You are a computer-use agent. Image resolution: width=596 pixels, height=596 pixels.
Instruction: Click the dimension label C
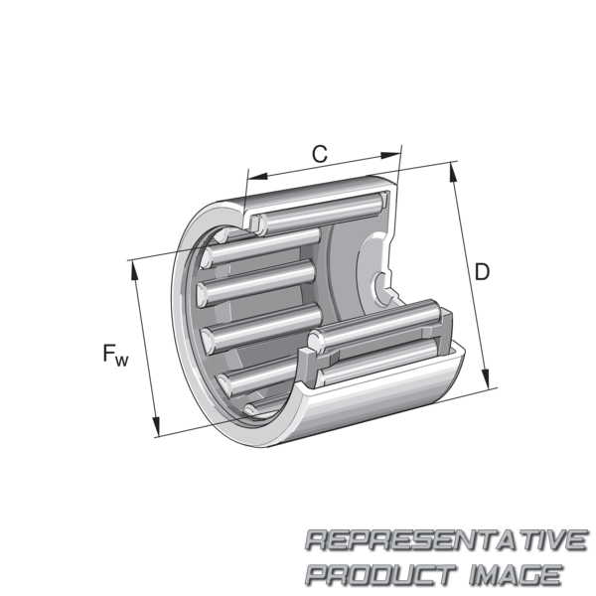coord(320,154)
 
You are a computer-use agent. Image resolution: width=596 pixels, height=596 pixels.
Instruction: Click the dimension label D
coord(482,272)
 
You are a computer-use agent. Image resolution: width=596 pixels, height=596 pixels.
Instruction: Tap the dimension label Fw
coord(115,355)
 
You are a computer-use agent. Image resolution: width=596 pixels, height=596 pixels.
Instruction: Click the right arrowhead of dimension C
coord(390,155)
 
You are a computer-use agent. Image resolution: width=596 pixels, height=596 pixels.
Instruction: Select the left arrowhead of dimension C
coord(257,176)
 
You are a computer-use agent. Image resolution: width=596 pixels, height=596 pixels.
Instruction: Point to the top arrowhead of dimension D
coord(453,173)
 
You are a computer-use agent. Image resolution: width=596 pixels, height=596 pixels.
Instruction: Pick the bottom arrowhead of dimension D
coord(486,377)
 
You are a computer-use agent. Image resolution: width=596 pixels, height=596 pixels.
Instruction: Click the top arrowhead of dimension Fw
coord(134,271)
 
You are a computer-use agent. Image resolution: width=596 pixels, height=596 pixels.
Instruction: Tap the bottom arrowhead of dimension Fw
coord(156,426)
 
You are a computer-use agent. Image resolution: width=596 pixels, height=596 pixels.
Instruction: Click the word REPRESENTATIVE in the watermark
coord(446,539)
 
